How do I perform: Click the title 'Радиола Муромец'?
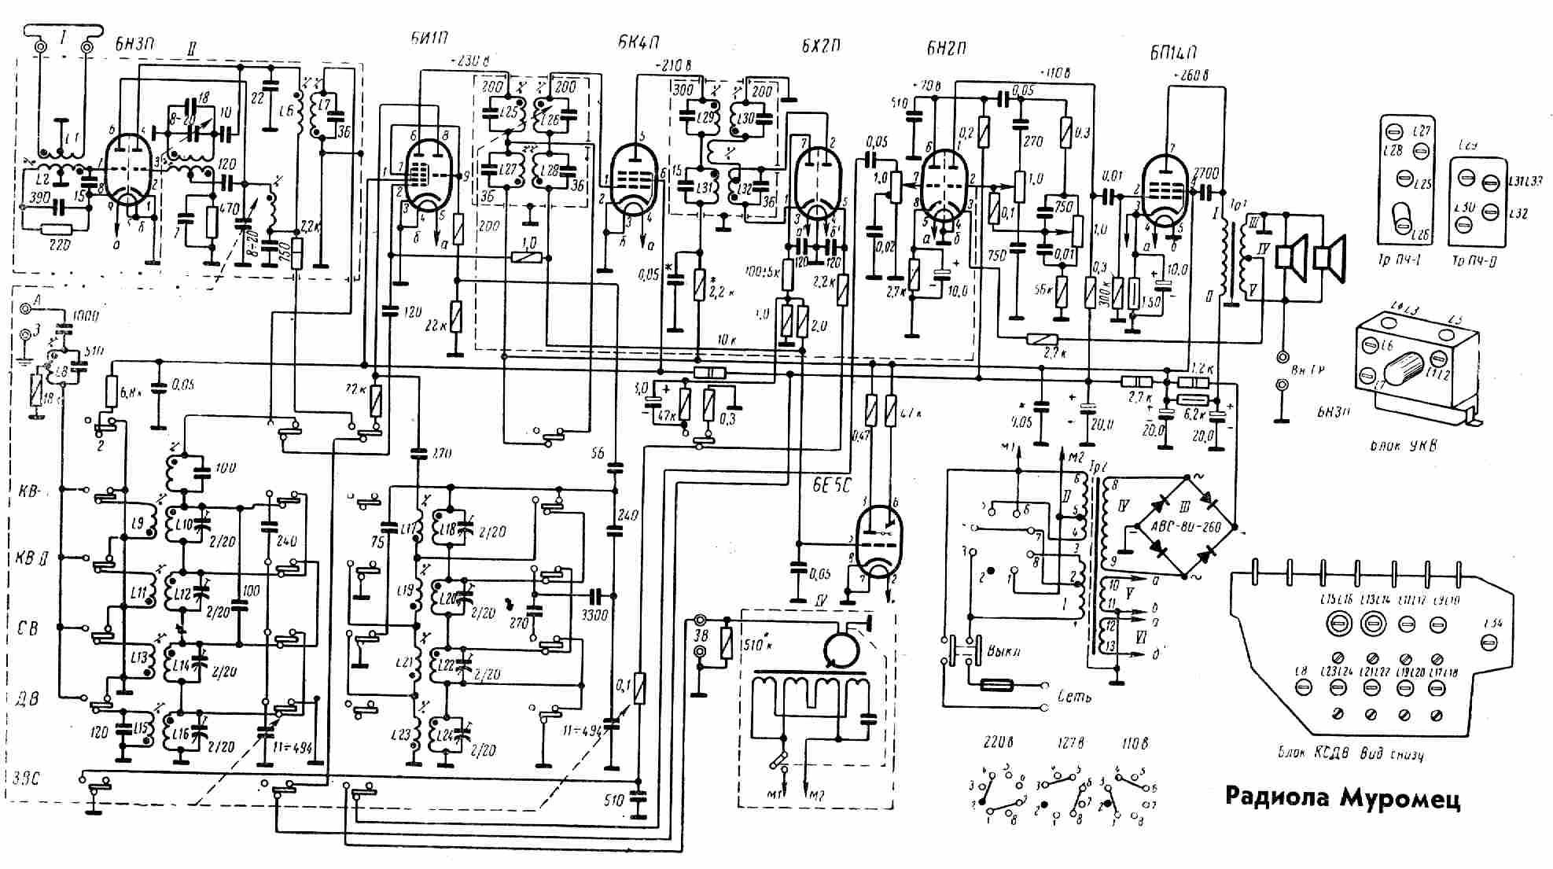[x=1343, y=797]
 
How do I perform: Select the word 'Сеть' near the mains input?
[x=1075, y=696]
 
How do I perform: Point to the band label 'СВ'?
[x=28, y=628]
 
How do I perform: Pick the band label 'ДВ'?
[x=28, y=698]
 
